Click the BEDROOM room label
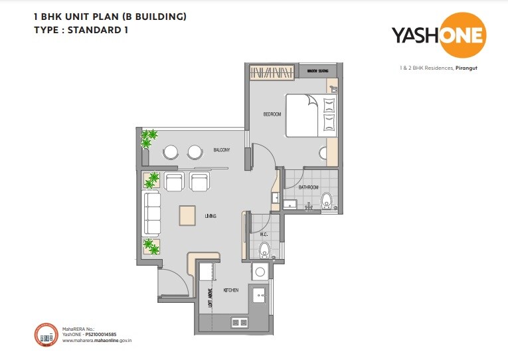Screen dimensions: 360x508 click(x=272, y=114)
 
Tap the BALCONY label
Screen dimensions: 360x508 click(x=222, y=150)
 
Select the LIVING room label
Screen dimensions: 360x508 click(x=211, y=216)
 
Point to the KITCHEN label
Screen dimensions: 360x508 click(x=230, y=290)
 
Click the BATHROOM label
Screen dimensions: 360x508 click(x=308, y=188)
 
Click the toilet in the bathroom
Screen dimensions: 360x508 click(x=325, y=201)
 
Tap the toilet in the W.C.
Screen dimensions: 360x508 click(x=264, y=250)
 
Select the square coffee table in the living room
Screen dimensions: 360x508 click(x=187, y=215)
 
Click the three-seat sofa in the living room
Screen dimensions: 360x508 click(x=152, y=214)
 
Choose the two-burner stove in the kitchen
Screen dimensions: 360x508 click(x=240, y=322)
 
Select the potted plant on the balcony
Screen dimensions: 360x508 click(x=148, y=138)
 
